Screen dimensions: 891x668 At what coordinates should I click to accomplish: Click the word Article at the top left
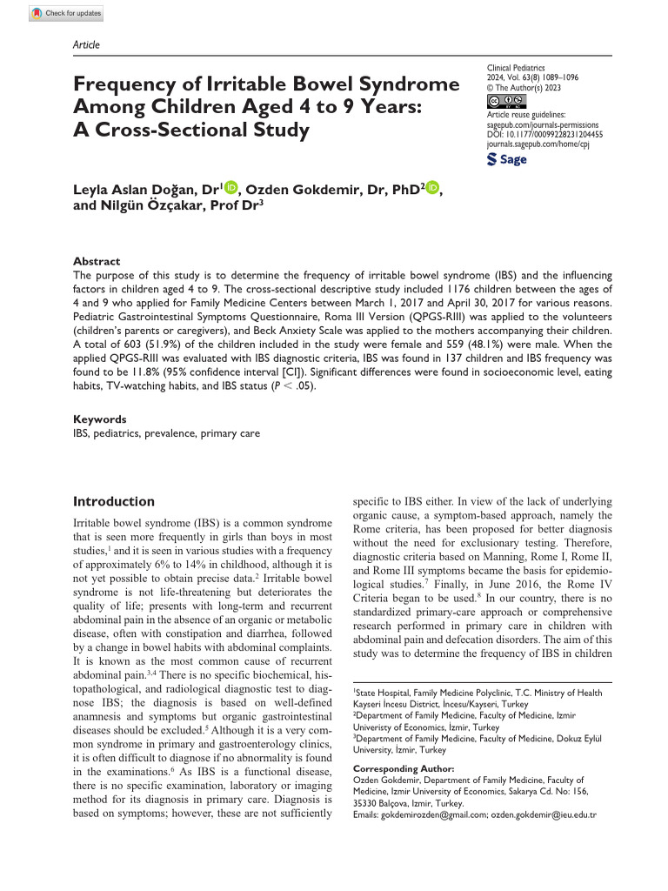pyautogui.click(x=86, y=45)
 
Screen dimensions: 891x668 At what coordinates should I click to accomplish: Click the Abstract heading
pyautogui.click(x=97, y=261)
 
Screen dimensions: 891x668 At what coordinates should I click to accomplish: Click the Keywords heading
pyautogui.click(x=99, y=419)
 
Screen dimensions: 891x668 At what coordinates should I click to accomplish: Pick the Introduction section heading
pyautogui.click(x=114, y=501)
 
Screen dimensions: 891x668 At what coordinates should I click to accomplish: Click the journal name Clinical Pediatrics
pyautogui.click(x=521, y=66)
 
